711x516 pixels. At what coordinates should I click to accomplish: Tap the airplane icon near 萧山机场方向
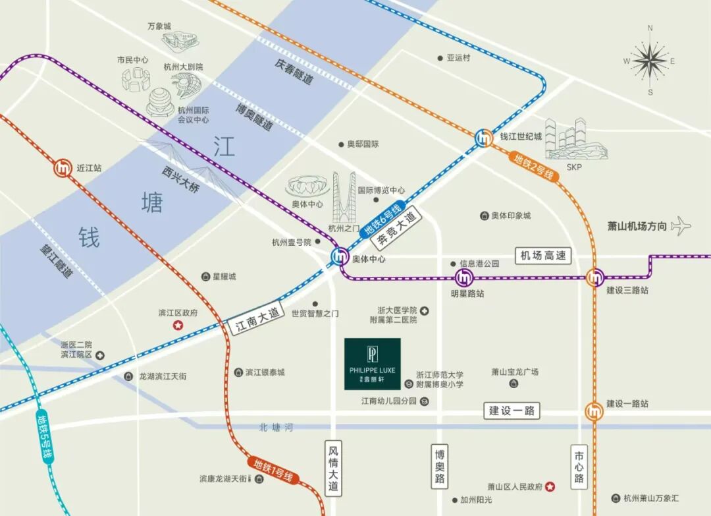pyautogui.click(x=681, y=226)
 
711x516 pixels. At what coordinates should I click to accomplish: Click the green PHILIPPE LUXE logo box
pyautogui.click(x=373, y=364)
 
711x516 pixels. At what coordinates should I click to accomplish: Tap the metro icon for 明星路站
pyautogui.click(x=463, y=277)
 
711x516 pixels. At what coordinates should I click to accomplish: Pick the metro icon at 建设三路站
pyautogui.click(x=595, y=277)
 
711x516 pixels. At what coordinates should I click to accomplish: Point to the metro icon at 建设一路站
pyautogui.click(x=594, y=412)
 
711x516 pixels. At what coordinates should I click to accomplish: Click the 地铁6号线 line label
pyautogui.click(x=382, y=219)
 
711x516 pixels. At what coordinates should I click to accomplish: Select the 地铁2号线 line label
pyautogui.click(x=534, y=167)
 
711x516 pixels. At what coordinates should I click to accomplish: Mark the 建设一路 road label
pyautogui.click(x=512, y=410)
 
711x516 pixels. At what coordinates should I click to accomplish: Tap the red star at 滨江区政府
pyautogui.click(x=177, y=326)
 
